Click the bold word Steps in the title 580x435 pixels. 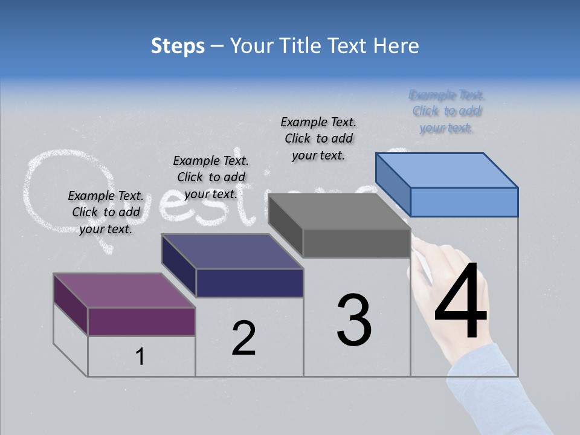(x=177, y=46)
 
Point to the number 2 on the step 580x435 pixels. (x=244, y=338)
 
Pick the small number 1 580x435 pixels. (x=140, y=357)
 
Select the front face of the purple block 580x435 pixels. (x=141, y=321)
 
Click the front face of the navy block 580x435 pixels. (x=250, y=283)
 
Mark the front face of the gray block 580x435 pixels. (x=356, y=243)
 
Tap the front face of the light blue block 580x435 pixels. (x=464, y=202)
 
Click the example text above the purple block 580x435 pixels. (x=106, y=212)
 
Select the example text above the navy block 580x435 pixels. (x=211, y=177)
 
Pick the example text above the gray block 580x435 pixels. (x=318, y=138)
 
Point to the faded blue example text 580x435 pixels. (x=447, y=111)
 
